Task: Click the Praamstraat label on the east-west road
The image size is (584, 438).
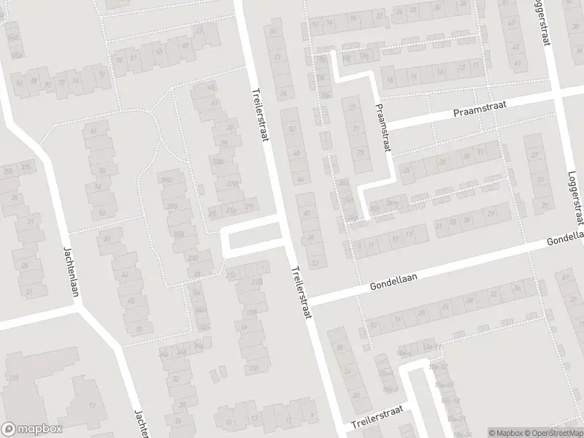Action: (479, 109)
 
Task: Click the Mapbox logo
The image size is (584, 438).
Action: (31, 429)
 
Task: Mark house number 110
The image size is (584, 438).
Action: (12, 378)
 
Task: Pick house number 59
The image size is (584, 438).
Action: (119, 58)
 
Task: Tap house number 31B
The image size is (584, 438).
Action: (233, 184)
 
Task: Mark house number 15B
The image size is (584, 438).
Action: (253, 367)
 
